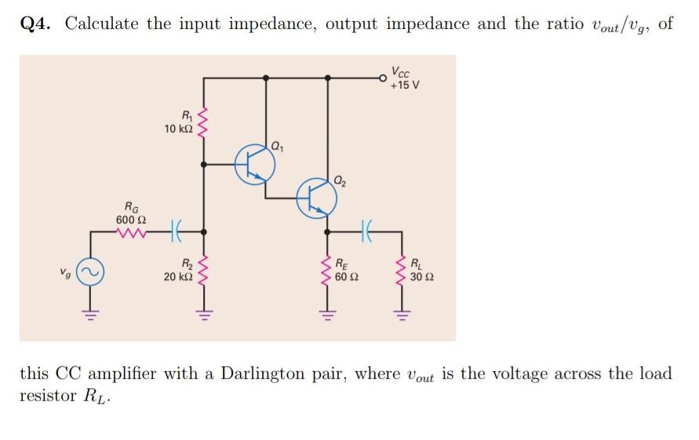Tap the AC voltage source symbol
coord(89,272)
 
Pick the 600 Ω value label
coord(129,219)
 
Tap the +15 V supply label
coord(405,85)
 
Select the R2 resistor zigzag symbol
coord(205,271)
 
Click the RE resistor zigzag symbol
coord(328,271)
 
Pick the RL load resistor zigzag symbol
coord(402,271)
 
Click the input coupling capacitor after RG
coord(175,232)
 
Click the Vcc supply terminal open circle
coord(383,78)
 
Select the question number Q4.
coord(36,24)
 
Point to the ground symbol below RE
coord(328,315)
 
